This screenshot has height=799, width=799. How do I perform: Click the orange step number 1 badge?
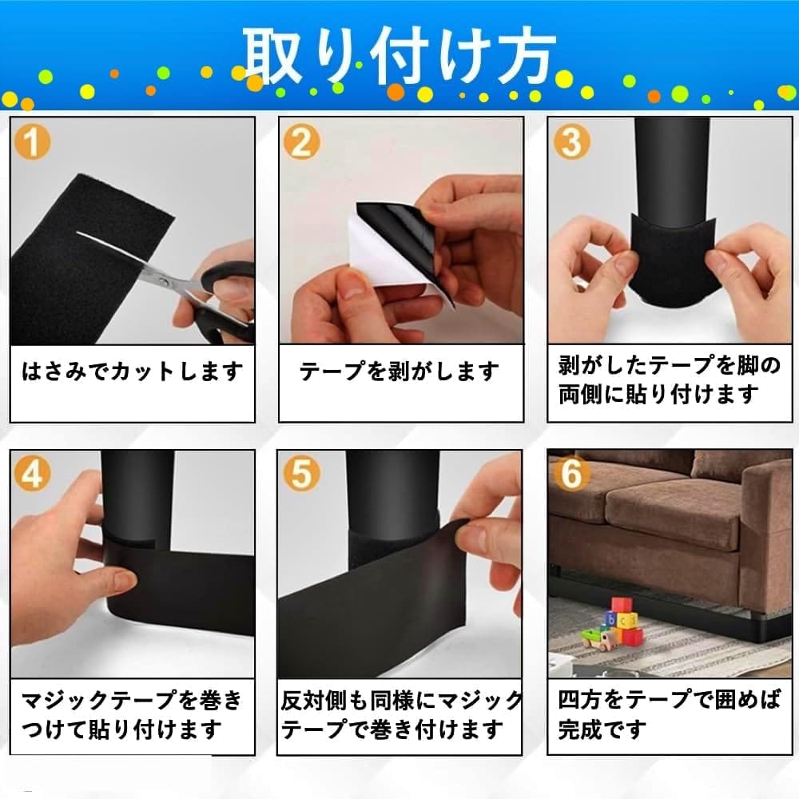coord(32,141)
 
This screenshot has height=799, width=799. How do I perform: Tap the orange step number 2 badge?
coord(302,141)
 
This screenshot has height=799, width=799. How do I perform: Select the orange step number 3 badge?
coord(571,141)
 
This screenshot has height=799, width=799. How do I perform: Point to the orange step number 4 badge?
coord(32,473)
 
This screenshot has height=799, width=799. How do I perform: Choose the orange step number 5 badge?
coord(301,473)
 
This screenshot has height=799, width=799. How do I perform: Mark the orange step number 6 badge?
coord(571,473)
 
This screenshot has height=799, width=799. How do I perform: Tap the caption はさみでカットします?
coord(133,372)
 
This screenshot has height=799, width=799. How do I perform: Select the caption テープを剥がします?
coord(399,372)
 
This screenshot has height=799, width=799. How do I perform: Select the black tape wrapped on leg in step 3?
coord(670,260)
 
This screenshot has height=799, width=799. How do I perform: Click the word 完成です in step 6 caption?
coord(602,730)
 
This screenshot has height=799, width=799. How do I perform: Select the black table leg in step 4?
coord(137,504)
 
